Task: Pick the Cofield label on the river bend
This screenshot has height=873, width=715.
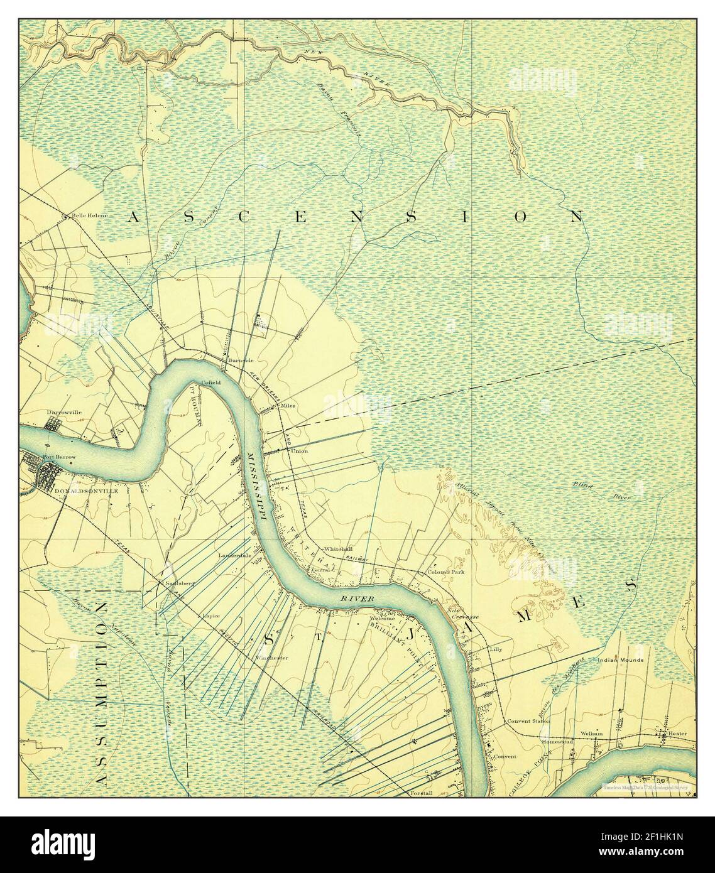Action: (x=210, y=382)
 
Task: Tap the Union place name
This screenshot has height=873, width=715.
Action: (x=299, y=451)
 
